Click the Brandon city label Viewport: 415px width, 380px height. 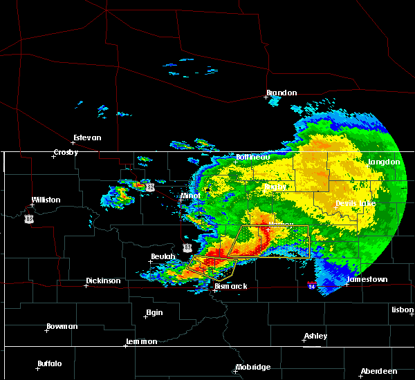tap(282, 93)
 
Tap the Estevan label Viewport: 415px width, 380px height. tap(86, 137)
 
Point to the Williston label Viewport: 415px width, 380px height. tap(46, 200)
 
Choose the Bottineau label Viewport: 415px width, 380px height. tap(252, 157)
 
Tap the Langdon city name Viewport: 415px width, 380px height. tap(384, 162)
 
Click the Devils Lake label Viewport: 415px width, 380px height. tap(356, 203)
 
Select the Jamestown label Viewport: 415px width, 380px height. tap(367, 280)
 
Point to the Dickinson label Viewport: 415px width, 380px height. tap(103, 281)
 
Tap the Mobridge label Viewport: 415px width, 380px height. tap(252, 367)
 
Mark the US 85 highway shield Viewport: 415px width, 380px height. tap(28, 219)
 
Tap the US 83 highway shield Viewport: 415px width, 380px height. tap(187, 247)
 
